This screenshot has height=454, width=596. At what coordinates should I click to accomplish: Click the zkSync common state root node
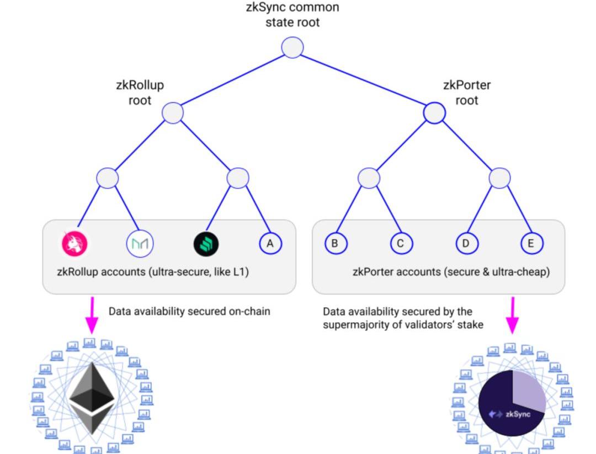[292, 47]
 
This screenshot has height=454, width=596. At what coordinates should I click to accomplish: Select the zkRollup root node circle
[173, 113]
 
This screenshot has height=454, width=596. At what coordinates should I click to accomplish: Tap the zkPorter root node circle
[434, 113]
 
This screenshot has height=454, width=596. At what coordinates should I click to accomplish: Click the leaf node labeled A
[270, 243]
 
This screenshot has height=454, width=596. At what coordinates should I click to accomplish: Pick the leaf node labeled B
[336, 243]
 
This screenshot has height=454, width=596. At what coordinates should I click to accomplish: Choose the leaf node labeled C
[401, 243]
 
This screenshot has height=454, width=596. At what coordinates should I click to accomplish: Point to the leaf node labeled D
[466, 243]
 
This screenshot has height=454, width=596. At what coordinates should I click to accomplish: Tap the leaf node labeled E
[532, 243]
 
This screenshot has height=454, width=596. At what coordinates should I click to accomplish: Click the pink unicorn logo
[74, 243]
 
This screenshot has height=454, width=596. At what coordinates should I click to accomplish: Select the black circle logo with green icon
[206, 244]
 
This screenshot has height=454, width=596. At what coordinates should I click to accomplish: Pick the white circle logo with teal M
[140, 244]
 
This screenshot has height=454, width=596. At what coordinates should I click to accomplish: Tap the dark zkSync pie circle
[512, 403]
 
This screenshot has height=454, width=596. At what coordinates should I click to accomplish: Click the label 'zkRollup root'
[140, 93]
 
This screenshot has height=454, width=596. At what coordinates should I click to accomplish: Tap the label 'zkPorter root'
[467, 93]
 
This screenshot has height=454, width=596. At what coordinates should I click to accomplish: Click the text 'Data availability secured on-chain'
[189, 311]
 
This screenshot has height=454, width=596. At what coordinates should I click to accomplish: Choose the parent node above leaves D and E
[499, 178]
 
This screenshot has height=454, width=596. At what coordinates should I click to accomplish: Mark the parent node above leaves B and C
[369, 178]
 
